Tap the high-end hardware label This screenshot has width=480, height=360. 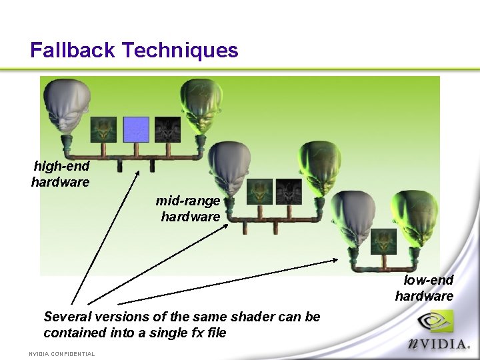click(x=61, y=174)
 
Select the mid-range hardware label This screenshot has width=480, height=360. click(x=189, y=209)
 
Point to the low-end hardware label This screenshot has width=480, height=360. click(x=425, y=288)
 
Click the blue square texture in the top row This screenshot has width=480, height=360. click(x=137, y=129)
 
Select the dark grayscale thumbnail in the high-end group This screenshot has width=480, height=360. click(x=167, y=129)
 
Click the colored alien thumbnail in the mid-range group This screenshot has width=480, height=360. click(x=259, y=191)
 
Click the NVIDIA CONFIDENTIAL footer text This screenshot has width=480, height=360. click(x=62, y=354)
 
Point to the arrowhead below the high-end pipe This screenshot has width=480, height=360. click(x=139, y=174)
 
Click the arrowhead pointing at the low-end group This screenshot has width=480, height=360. click(x=337, y=261)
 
